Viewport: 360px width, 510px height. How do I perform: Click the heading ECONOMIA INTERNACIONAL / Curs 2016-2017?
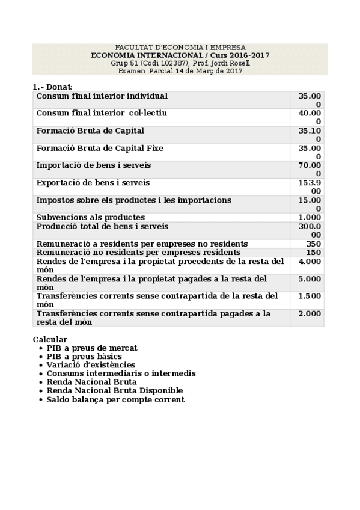pyautogui.click(x=180, y=55)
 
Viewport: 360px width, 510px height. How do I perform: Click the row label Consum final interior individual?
pyautogui.click(x=102, y=96)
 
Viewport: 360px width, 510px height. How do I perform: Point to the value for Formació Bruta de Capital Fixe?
pyautogui.click(x=310, y=152)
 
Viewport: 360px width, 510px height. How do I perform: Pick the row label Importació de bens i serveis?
pyautogui.click(x=94, y=165)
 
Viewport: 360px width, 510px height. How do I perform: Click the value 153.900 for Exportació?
pyautogui.click(x=310, y=186)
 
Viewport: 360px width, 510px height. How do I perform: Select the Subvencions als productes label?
pyautogui.click(x=91, y=217)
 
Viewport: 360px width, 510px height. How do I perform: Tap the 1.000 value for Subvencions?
pyautogui.click(x=310, y=217)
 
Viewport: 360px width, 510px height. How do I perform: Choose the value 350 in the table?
pyautogui.click(x=313, y=244)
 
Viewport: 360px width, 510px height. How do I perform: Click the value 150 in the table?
pyautogui.click(x=313, y=253)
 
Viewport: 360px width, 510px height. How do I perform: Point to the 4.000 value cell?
pyautogui.click(x=310, y=262)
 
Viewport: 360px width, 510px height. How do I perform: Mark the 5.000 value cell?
pyautogui.click(x=310, y=279)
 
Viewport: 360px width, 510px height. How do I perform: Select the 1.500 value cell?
pyautogui.click(x=310, y=296)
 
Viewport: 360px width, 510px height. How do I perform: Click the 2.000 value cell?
pyautogui.click(x=310, y=313)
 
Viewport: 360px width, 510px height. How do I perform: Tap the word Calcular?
pyautogui.click(x=50, y=340)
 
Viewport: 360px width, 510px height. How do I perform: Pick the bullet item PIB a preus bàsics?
pyautogui.click(x=84, y=357)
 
